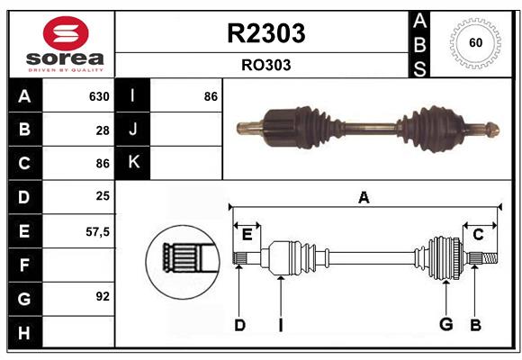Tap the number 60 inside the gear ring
point(474,43)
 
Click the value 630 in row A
point(98,96)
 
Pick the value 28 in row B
point(102,130)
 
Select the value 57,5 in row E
point(97,231)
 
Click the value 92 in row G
point(102,295)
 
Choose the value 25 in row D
point(102,195)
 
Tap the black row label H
point(24,333)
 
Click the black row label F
point(24,265)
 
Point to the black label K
point(134,163)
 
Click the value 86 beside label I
point(211,96)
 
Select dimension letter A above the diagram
point(364,197)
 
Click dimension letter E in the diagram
point(247,235)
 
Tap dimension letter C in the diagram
point(479,235)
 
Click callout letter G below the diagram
point(445,325)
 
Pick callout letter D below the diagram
point(239,325)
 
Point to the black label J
point(134,130)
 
